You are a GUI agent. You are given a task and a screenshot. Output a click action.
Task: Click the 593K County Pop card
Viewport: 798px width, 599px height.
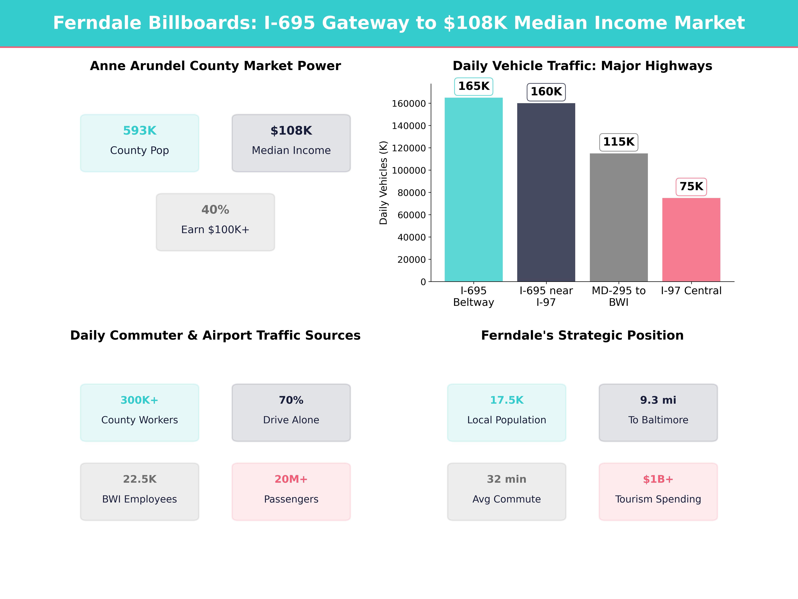click(x=140, y=143)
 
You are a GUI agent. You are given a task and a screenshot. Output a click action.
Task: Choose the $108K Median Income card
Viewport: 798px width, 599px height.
click(x=291, y=143)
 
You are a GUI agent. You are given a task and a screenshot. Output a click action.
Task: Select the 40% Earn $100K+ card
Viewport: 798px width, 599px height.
click(x=215, y=222)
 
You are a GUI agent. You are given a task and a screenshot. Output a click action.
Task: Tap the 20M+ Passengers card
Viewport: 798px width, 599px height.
click(x=291, y=491)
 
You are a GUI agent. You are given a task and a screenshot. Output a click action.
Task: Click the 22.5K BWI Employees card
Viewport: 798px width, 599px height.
click(x=140, y=491)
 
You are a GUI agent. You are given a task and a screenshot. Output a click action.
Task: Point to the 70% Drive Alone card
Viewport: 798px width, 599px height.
click(x=291, y=412)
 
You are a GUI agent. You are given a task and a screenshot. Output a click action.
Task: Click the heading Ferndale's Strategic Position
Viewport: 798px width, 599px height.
click(x=582, y=335)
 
